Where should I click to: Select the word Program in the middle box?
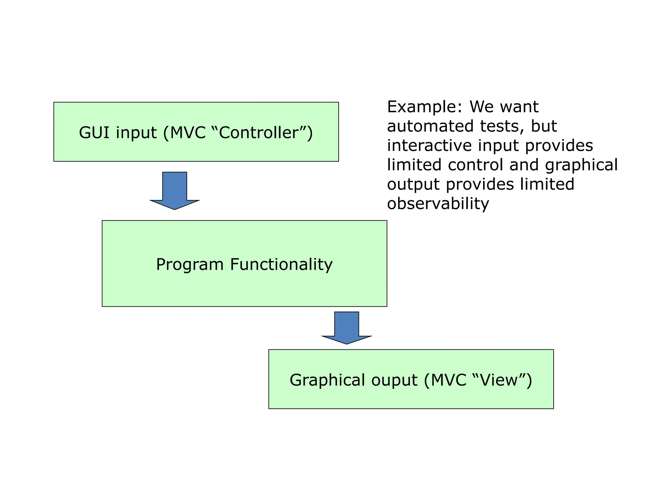click(x=190, y=264)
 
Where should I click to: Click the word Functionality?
click(x=281, y=264)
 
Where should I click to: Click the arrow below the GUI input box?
click(x=175, y=191)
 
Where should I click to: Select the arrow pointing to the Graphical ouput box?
click(x=346, y=328)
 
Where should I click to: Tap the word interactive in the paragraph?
click(x=429, y=146)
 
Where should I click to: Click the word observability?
click(x=438, y=204)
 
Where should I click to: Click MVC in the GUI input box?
click(x=188, y=132)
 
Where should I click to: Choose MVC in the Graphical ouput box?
click(x=448, y=380)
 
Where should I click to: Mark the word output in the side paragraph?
click(x=413, y=185)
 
